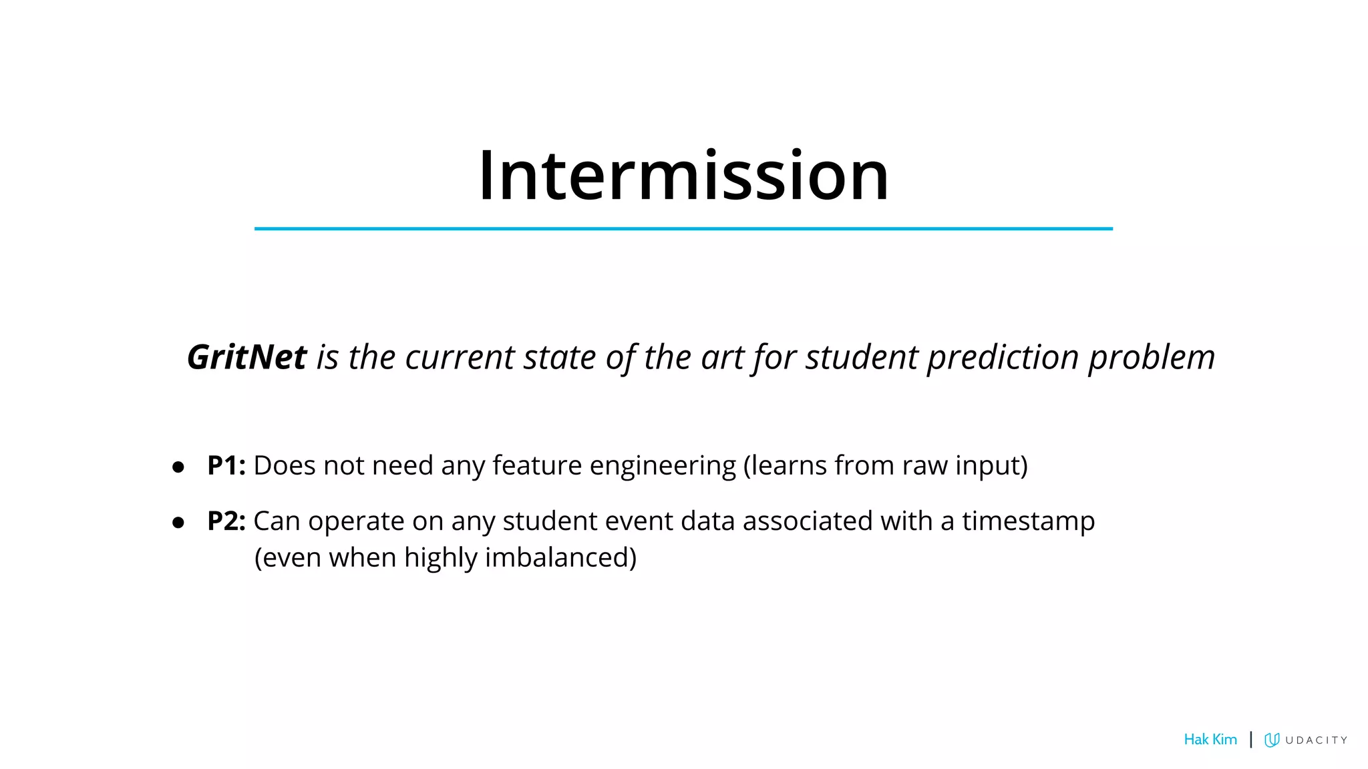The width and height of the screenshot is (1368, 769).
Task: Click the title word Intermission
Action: tap(683, 176)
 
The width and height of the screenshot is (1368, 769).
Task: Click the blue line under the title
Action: tap(683, 228)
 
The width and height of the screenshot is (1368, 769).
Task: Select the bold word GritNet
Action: tap(246, 357)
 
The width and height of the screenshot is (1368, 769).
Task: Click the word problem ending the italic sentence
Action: tap(1152, 357)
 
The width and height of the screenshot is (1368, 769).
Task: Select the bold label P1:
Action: tap(226, 465)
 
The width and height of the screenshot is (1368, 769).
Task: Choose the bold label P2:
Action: tap(226, 521)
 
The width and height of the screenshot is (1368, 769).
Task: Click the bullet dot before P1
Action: tap(178, 467)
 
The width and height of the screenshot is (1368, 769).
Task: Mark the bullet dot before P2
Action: tap(178, 522)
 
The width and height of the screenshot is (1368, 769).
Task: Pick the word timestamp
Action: tap(1028, 521)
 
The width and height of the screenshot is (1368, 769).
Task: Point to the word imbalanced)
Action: tap(560, 557)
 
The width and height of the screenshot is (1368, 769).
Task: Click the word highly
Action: tap(440, 557)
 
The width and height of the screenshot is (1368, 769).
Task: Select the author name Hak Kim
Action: tap(1210, 740)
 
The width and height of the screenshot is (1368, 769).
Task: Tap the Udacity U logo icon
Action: tap(1272, 740)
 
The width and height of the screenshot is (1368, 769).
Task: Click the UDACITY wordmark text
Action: tap(1316, 740)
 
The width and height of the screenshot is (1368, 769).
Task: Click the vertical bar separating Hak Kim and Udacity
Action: tap(1250, 740)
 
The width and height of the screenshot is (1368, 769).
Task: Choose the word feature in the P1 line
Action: tap(537, 465)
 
